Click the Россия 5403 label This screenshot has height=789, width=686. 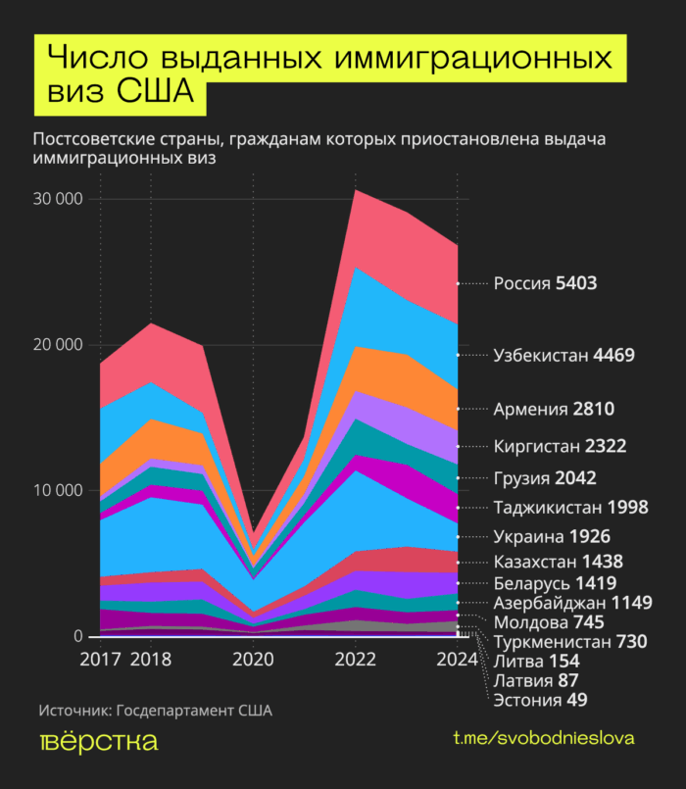point(545,284)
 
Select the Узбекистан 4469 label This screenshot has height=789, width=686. point(564,355)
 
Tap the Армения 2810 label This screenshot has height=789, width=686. point(554,409)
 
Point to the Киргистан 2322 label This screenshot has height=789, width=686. point(560,447)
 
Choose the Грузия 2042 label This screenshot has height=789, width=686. point(545,479)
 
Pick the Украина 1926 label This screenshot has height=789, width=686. point(552,537)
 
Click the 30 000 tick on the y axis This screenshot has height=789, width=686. point(59,200)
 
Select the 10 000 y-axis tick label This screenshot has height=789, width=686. point(59,491)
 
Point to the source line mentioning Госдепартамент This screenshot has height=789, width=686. point(156,710)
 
